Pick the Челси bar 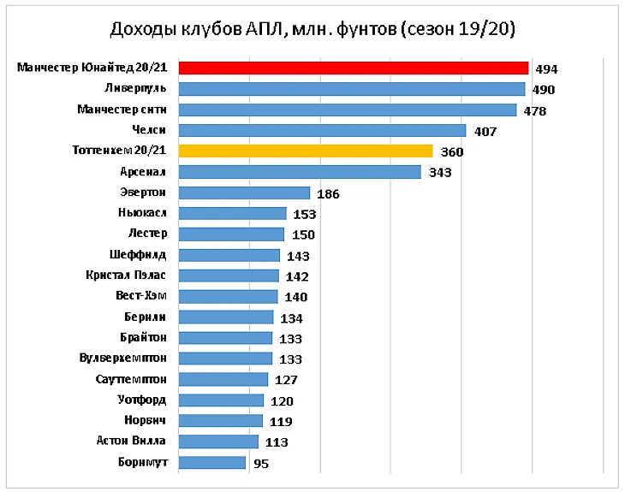pos(322,130)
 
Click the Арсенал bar pos(300,172)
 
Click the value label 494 pos(546,69)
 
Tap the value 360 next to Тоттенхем pos(451,152)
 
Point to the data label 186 pos(328,193)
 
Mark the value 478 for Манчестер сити pos(535,110)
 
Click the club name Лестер pos(147,234)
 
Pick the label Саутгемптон pos(130,378)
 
